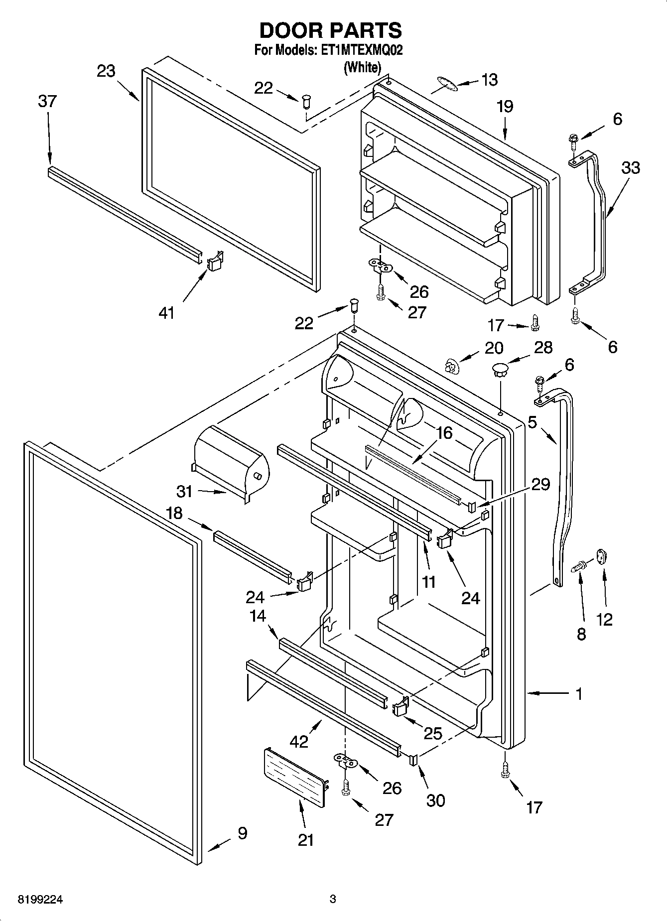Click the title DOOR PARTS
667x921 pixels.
(x=331, y=31)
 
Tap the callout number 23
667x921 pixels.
(x=106, y=71)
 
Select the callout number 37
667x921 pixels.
(x=47, y=101)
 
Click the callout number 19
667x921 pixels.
(x=505, y=107)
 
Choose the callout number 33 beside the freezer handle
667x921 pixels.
(x=630, y=168)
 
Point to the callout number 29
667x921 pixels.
(x=541, y=484)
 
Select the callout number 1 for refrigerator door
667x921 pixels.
(x=578, y=694)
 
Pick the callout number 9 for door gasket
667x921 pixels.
(x=242, y=833)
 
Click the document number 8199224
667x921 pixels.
(x=40, y=900)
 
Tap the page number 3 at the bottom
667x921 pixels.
(x=333, y=900)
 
